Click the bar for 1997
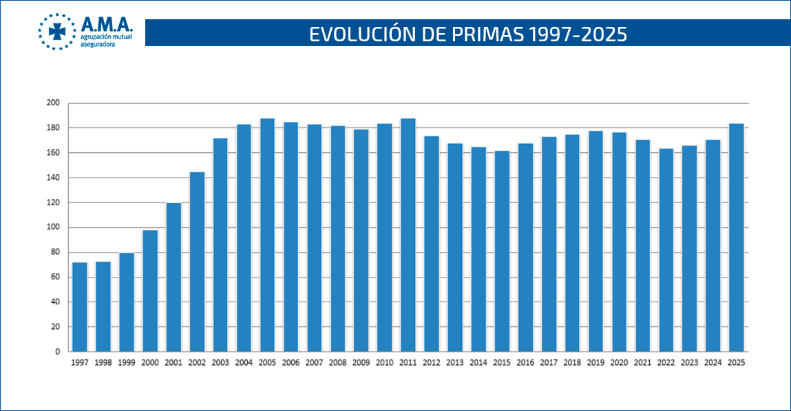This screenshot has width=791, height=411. coord(80,307)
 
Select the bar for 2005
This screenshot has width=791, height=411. coord(267,235)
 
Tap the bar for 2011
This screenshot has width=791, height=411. coord(408,235)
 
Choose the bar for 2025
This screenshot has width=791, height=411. coord(737,238)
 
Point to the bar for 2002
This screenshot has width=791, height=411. coord(197,262)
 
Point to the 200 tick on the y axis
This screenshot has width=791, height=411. coord(53,103)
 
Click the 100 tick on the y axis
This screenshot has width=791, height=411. coord(53,227)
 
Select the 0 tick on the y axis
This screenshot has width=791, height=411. coord(58,352)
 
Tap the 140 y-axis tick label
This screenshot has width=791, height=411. coord(53,178)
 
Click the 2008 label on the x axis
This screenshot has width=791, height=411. coord(337,362)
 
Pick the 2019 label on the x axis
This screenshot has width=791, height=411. coord(595,362)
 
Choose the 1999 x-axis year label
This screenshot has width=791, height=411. coord(127,362)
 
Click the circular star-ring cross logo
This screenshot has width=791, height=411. coord(57,32)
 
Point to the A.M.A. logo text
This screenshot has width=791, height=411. coord(107,24)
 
